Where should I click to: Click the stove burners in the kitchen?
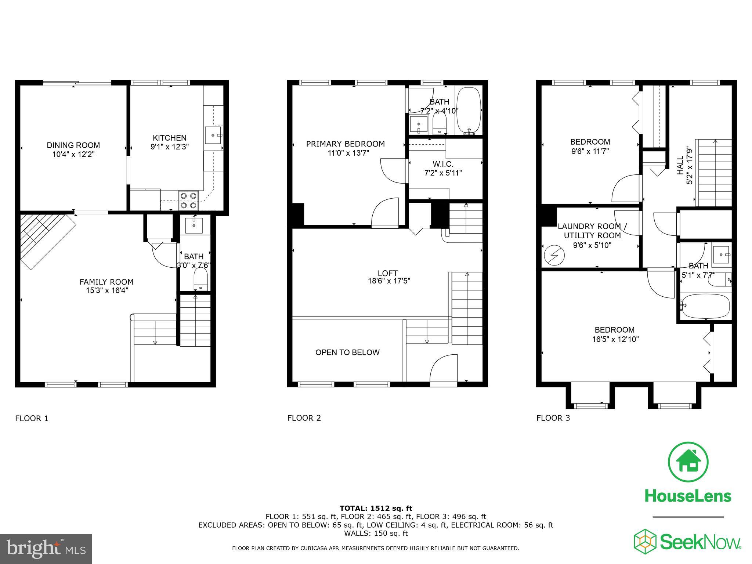click(188, 200)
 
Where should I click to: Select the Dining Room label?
click(73, 145)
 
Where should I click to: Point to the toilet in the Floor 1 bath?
click(200, 279)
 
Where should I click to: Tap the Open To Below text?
click(347, 352)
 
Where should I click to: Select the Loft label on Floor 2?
click(387, 273)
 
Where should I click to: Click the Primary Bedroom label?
click(345, 144)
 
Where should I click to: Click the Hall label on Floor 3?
click(680, 165)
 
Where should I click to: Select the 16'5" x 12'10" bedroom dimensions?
click(615, 339)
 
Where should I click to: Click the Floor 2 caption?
click(304, 418)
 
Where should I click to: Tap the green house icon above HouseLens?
click(688, 462)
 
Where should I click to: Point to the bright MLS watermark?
click(46, 549)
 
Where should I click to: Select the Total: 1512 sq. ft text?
click(376, 508)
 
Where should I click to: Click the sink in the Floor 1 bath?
click(194, 225)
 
